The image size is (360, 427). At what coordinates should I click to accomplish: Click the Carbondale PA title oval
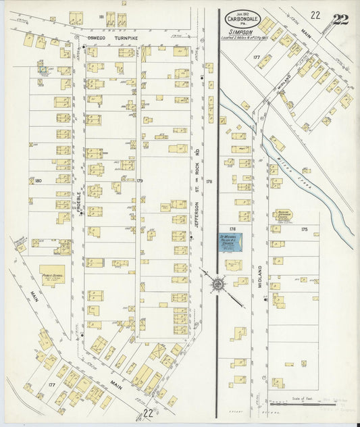242,20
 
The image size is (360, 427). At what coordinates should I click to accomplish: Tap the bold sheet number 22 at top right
340,19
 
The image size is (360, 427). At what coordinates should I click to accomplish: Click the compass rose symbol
218,284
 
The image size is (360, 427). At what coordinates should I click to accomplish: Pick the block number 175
304,230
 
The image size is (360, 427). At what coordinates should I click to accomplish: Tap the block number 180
38,180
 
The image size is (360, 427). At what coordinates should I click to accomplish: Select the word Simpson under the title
242,30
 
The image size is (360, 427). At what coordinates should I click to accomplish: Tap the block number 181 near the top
101,16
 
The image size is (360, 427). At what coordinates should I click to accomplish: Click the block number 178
209,182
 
